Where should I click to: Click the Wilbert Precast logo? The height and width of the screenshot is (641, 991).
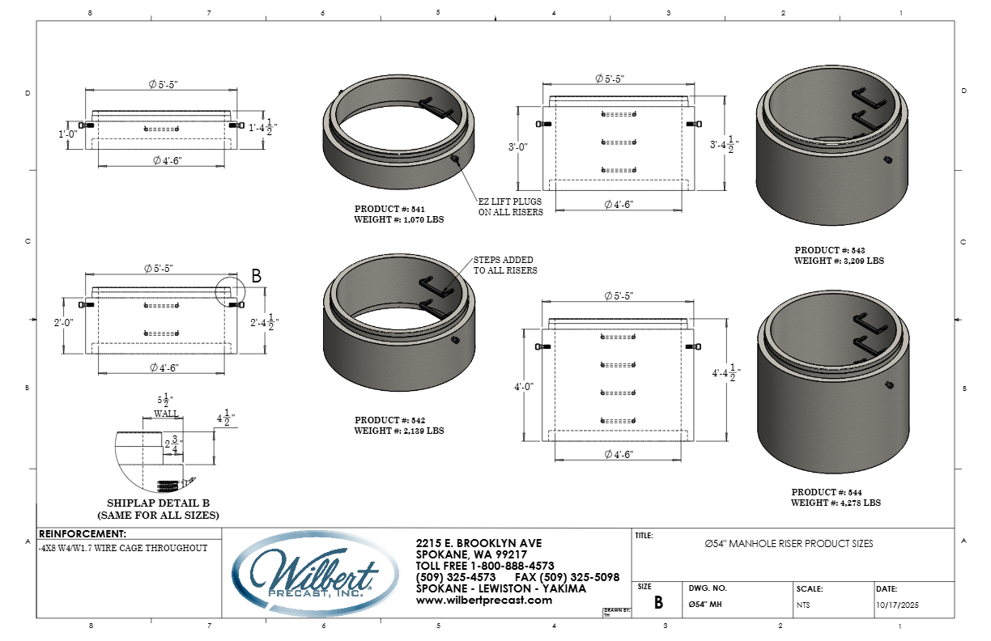315,573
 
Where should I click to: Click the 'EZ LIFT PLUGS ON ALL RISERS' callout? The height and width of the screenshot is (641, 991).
511,207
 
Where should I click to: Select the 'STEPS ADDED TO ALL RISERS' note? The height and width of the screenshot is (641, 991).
505,265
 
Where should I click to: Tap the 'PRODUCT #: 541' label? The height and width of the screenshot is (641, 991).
389,209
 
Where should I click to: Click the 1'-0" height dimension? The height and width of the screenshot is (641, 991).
68,134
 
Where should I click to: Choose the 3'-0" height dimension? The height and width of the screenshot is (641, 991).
517,146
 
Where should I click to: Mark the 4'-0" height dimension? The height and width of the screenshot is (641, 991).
524,387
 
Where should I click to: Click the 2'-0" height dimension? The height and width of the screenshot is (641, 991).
64,323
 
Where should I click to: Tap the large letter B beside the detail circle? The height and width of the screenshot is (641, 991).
257,276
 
